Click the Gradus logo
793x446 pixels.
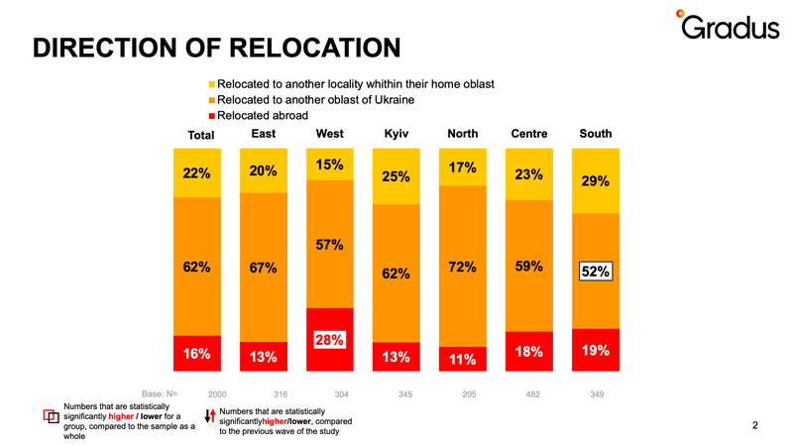click(728, 25)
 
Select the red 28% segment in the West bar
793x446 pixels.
click(330, 339)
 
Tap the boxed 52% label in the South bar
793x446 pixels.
click(596, 272)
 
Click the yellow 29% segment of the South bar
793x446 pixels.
click(596, 181)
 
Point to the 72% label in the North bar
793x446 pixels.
click(462, 267)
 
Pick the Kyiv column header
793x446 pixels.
click(396, 134)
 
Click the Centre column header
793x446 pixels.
click(529, 134)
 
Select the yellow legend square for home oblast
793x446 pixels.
click(212, 84)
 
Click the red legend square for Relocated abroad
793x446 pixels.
click(212, 116)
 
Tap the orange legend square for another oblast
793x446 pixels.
click(212, 100)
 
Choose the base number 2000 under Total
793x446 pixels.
click(217, 394)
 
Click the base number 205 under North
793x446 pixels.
click(469, 394)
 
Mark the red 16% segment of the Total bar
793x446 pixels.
click(197, 354)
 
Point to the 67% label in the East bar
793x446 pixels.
click(263, 268)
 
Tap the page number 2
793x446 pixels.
click(755, 425)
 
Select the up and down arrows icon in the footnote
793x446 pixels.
click(210, 415)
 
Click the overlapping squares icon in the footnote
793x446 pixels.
click(52, 416)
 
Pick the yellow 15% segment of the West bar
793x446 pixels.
click(330, 165)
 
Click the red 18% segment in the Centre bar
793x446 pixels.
click(529, 352)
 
